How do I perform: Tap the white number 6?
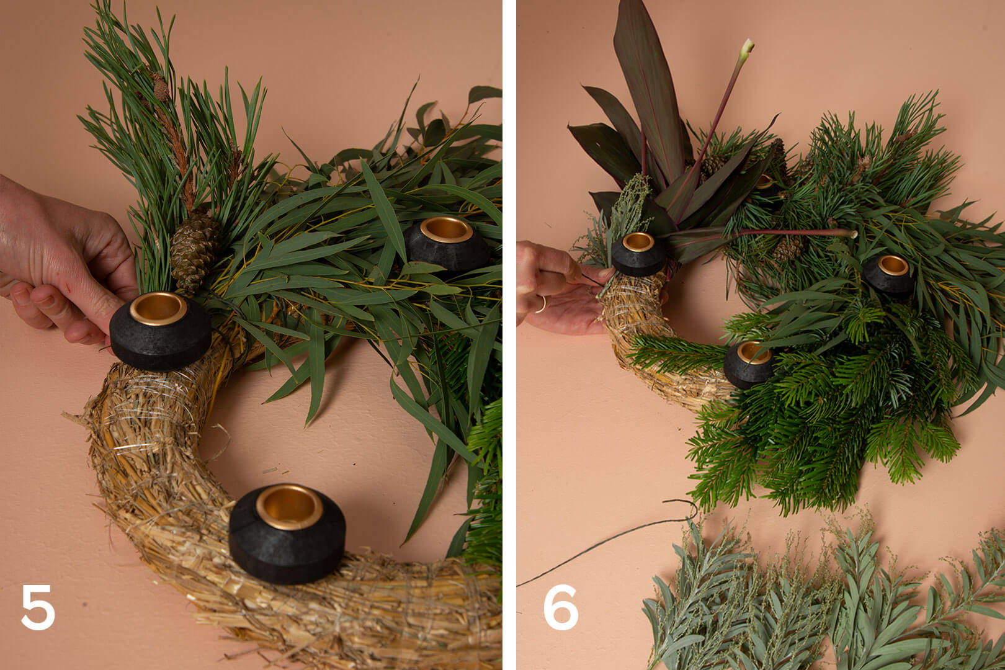coord(560,607)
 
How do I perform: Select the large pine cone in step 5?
coord(194,252)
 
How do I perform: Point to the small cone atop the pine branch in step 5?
coord(160,87)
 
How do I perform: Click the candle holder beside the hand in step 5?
coord(160,331)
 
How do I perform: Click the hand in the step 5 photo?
coord(63,261)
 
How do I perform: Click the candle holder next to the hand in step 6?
coord(638,254)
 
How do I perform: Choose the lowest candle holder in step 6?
coord(748,364)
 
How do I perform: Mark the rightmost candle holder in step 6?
coord(889,274)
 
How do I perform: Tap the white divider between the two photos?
coord(509,335)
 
